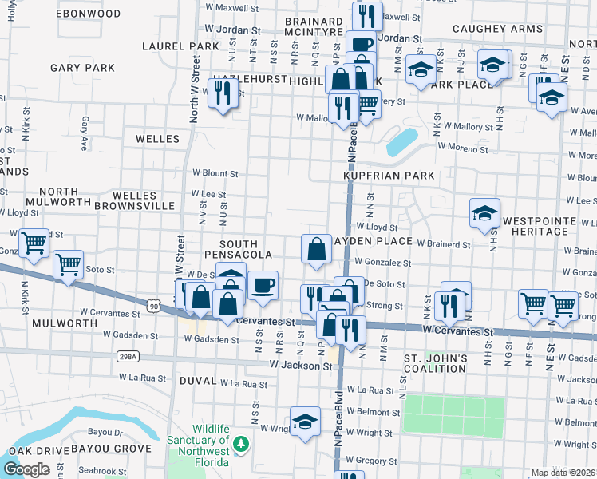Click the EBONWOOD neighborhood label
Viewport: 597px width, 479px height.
pyautogui.click(x=89, y=14)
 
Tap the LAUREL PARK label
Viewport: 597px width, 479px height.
pyautogui.click(x=180, y=46)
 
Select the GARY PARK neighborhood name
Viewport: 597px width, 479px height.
pyautogui.click(x=82, y=68)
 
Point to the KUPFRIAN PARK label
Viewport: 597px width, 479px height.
pyautogui.click(x=389, y=175)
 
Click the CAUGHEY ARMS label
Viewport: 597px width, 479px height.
pyautogui.click(x=497, y=29)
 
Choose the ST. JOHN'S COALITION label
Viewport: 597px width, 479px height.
pyautogui.click(x=435, y=363)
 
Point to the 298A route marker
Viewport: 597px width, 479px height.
pyautogui.click(x=126, y=356)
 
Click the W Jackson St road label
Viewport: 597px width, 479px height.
pyautogui.click(x=299, y=366)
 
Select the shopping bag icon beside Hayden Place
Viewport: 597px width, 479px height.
pyautogui.click(x=317, y=249)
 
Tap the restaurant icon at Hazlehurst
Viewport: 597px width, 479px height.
pyautogui.click(x=222, y=93)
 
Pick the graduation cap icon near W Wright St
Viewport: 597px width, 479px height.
pyautogui.click(x=304, y=422)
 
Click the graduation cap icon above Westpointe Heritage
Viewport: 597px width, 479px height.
pyautogui.click(x=484, y=213)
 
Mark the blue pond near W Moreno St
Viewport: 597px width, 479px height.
pyautogui.click(x=402, y=142)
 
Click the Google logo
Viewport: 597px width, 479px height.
pyautogui.click(x=26, y=469)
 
